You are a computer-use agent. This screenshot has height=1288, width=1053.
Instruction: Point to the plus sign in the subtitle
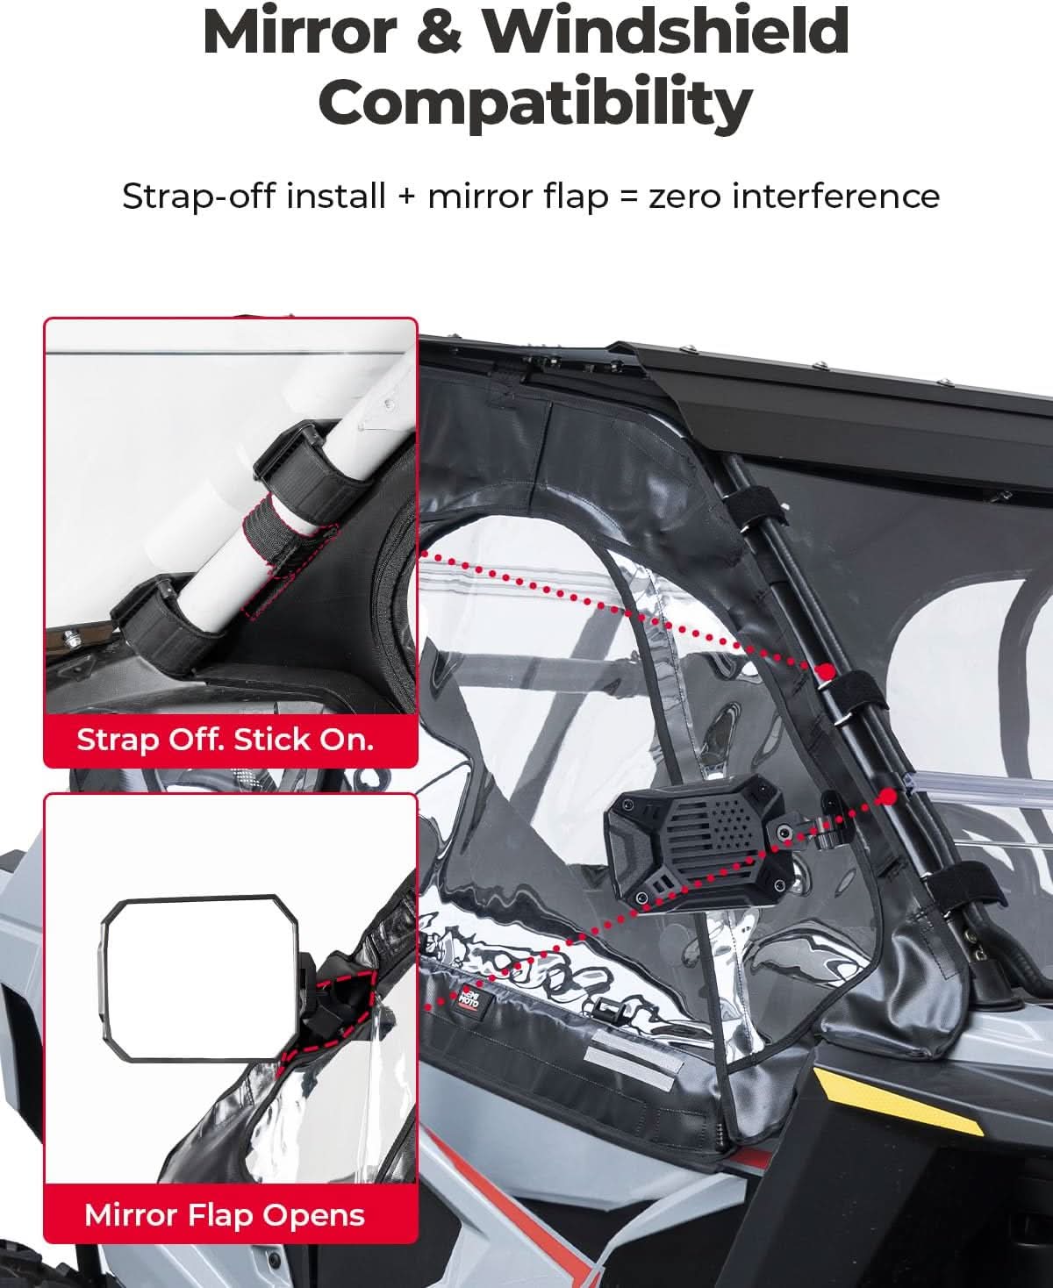pos(405,197)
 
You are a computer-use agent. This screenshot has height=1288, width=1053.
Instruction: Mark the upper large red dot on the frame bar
pos(826,671)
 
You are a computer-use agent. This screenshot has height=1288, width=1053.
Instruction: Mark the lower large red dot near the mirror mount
pos(887,797)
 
